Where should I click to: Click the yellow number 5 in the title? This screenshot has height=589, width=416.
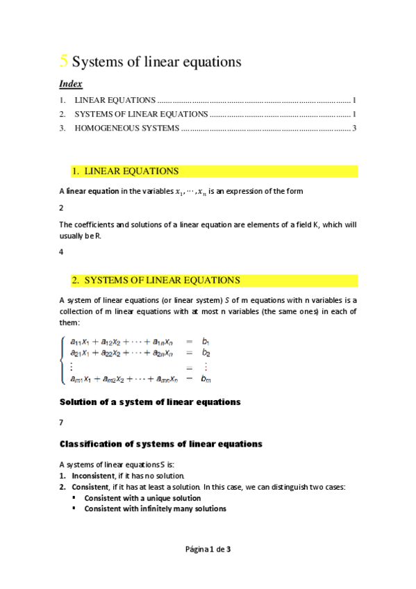(64, 61)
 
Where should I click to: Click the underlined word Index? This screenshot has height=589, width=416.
(71, 84)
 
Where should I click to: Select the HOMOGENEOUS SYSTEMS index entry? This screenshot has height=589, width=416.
(126, 128)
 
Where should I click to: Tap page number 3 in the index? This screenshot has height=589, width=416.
(354, 128)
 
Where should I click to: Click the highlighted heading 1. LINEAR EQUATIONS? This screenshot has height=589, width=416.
(125, 171)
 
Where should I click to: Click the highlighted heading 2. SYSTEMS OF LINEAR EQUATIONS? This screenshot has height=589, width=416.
(156, 281)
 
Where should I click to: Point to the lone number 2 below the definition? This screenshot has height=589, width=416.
(62, 208)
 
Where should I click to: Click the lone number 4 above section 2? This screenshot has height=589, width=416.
(62, 252)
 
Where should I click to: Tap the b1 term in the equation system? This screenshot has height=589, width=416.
(206, 342)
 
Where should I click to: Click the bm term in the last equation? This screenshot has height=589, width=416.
(206, 379)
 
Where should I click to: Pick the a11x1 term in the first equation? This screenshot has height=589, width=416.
(83, 342)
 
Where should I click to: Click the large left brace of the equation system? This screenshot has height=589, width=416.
(64, 360)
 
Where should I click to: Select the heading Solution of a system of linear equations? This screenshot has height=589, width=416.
(150, 401)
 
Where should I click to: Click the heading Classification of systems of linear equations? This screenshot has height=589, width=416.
(161, 443)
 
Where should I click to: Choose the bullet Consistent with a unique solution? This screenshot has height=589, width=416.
(142, 498)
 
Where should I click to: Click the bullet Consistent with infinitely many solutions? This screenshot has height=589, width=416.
(155, 508)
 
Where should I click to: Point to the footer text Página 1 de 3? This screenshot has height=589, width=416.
(208, 549)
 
